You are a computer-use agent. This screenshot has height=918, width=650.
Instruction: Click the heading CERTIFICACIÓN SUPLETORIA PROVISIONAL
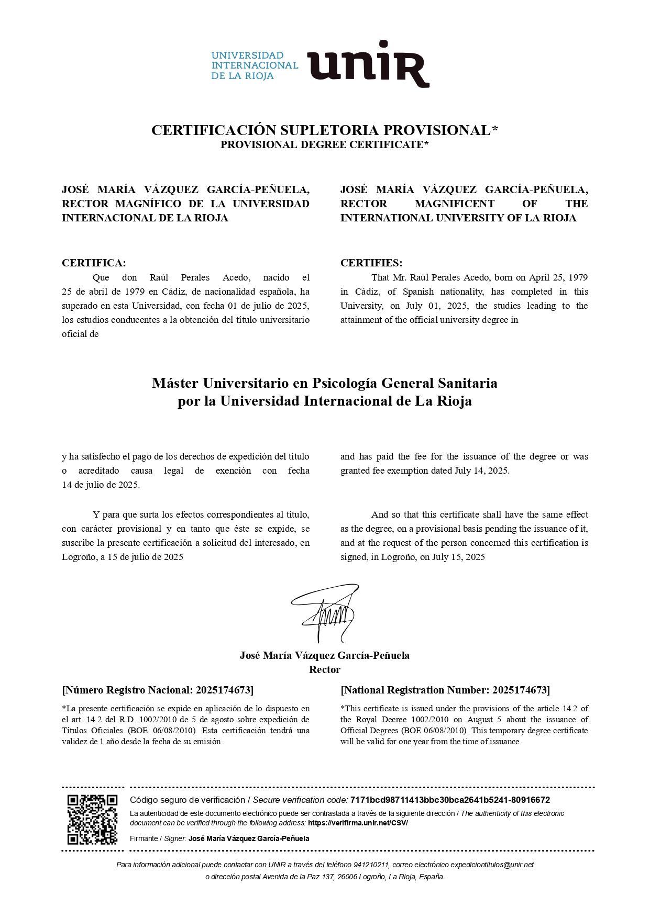coord(324,130)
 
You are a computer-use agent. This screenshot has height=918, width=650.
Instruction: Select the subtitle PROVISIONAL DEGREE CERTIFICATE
coord(324,144)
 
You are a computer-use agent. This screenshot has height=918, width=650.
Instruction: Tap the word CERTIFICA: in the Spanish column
coord(94,263)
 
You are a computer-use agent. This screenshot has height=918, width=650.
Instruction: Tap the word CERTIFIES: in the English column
coord(371,263)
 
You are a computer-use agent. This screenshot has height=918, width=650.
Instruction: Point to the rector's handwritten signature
coord(326,612)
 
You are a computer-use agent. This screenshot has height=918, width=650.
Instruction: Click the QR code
coord(92,820)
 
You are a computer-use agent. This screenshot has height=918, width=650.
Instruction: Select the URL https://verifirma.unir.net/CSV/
coord(358,823)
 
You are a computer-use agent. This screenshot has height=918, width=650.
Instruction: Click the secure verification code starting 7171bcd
coord(450,800)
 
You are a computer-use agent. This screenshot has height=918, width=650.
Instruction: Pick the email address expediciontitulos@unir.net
coord(492,865)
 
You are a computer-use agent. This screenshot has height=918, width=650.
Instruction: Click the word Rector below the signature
coord(325,669)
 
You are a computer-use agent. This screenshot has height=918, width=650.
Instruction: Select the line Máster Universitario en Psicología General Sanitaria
coord(325,383)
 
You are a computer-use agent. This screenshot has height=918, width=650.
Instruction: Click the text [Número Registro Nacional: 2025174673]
coord(158,690)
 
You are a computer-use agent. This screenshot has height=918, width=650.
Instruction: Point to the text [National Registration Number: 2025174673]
coord(445,690)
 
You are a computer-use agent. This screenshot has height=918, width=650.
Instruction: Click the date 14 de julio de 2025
coord(101,485)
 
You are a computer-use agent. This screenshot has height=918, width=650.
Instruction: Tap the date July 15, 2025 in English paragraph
coord(458,557)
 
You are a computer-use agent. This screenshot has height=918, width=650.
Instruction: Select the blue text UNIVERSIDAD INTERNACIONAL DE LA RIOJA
coord(255,65)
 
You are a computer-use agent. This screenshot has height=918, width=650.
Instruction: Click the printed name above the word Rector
coord(325,655)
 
